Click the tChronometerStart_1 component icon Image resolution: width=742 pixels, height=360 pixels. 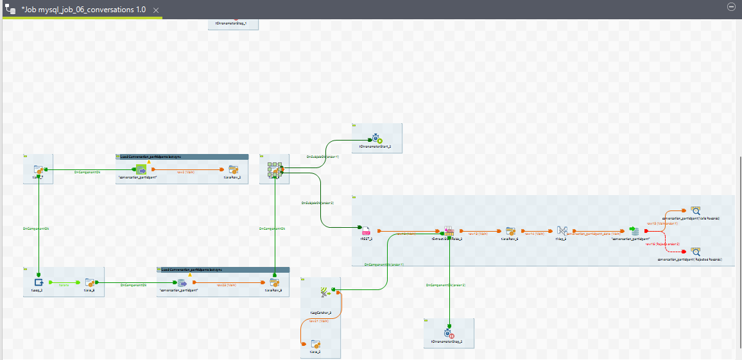[x=376, y=138]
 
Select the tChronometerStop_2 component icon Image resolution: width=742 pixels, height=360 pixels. [x=449, y=333]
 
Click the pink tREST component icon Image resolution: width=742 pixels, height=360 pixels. [x=366, y=231]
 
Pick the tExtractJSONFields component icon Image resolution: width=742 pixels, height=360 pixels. [x=449, y=231]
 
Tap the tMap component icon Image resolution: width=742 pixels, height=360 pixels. [x=562, y=231]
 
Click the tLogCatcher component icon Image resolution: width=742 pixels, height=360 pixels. [x=325, y=293]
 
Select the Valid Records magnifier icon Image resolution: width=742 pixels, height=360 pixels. [x=695, y=210]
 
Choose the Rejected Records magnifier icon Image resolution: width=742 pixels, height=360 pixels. [x=695, y=252]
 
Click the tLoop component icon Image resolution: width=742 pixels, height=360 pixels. [x=39, y=282]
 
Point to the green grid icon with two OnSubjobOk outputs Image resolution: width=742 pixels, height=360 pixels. [x=275, y=170]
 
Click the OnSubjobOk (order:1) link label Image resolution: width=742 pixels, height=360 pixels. [x=322, y=157]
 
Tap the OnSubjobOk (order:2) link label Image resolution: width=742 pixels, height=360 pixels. [x=318, y=203]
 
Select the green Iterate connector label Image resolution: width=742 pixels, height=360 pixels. [x=64, y=283]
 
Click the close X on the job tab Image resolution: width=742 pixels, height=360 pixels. [x=156, y=11]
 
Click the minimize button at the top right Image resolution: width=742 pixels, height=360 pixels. [x=730, y=6]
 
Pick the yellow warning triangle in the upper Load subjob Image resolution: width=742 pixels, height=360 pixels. [x=149, y=162]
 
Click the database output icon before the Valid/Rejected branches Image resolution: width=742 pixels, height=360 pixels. [x=634, y=231]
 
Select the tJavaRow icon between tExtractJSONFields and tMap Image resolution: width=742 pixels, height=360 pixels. [x=511, y=231]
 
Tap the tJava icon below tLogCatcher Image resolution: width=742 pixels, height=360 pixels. [x=315, y=345]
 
